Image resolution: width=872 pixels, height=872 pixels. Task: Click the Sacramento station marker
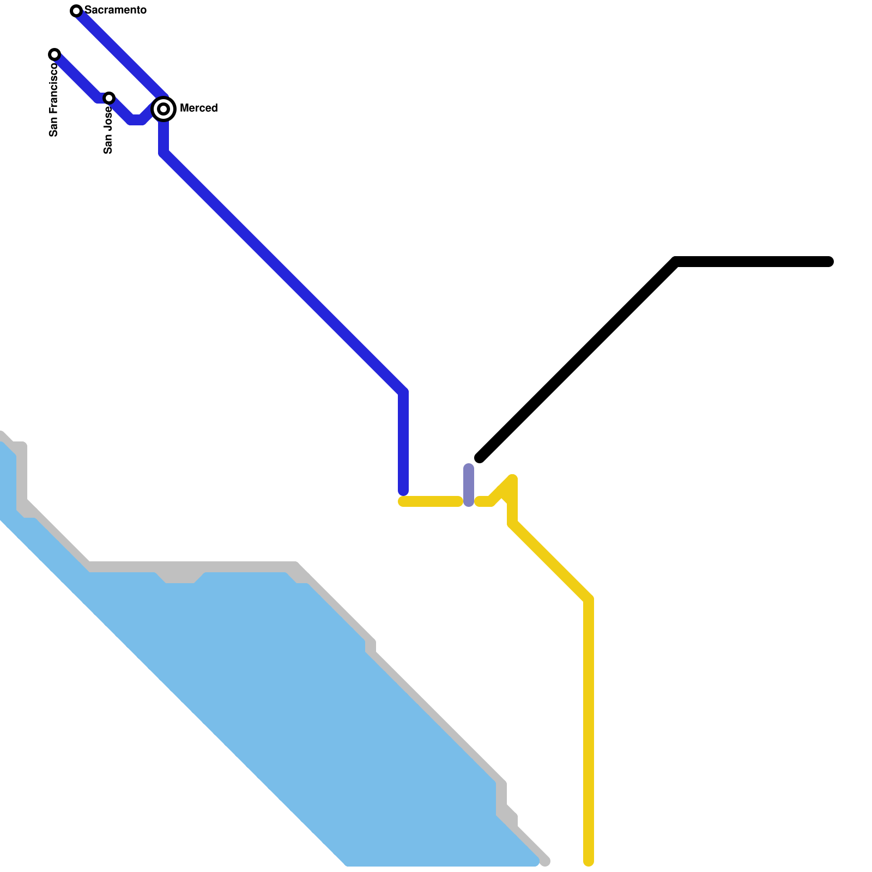(76, 11)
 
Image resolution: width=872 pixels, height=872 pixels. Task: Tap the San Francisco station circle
(55, 55)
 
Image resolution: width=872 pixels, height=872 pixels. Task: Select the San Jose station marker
(109, 98)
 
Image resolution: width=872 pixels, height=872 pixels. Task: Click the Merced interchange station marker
(163, 109)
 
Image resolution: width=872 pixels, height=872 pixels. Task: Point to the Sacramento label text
(116, 10)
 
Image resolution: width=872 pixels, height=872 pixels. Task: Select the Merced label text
(198, 108)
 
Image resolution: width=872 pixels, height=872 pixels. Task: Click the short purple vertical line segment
(469, 485)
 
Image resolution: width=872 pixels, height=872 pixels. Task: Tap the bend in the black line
(676, 262)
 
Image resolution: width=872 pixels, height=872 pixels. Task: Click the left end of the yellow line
(403, 501)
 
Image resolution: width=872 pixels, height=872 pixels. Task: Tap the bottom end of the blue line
(403, 491)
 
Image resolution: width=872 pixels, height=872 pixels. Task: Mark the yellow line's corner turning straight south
(589, 599)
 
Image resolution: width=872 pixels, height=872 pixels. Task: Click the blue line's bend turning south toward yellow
(403, 392)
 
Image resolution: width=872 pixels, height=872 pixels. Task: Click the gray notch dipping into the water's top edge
(180, 577)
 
